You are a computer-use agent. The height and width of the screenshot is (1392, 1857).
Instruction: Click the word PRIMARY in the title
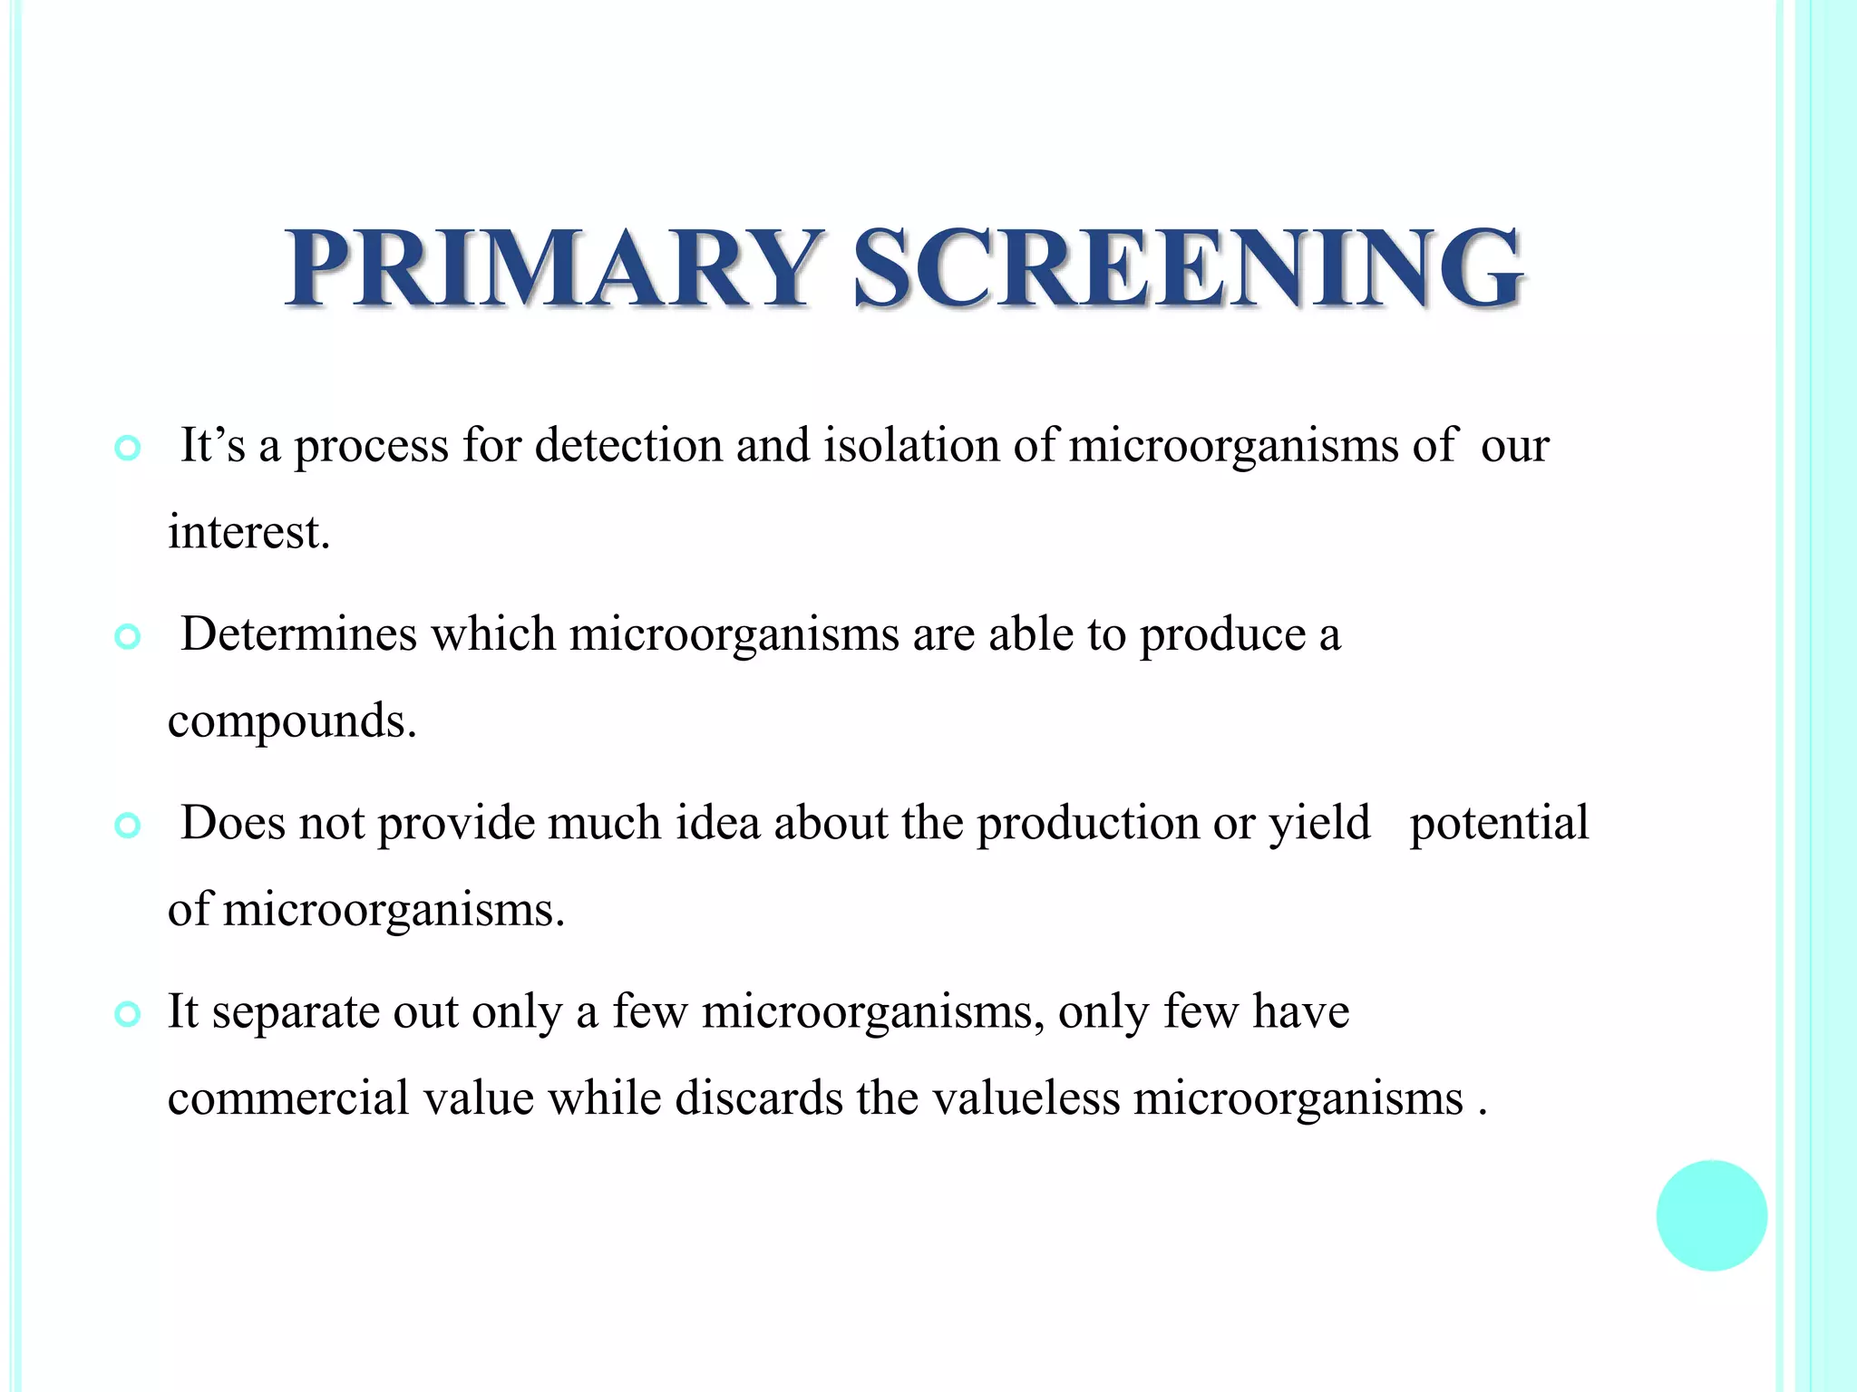(x=551, y=267)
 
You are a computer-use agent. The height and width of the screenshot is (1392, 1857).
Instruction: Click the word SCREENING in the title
(x=1188, y=267)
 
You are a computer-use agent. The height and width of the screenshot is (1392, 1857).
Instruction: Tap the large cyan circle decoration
(x=1711, y=1215)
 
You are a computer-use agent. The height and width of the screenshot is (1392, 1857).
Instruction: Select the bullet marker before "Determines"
(x=128, y=638)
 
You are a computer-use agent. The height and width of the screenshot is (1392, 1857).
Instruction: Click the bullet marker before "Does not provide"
(x=128, y=826)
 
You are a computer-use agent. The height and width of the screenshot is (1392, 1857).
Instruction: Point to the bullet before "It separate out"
(x=128, y=1015)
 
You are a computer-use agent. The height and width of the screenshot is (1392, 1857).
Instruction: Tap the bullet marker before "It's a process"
(x=128, y=449)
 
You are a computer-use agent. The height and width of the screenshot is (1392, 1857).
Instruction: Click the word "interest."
(x=248, y=532)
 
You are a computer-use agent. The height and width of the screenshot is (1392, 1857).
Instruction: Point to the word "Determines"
(x=298, y=634)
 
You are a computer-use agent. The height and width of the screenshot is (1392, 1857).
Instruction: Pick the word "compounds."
(x=292, y=722)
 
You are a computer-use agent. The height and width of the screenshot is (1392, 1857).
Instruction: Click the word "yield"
(x=1319, y=823)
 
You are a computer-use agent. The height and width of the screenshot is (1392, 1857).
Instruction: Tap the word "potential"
(x=1499, y=823)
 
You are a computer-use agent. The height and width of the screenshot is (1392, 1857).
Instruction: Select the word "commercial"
(x=288, y=1098)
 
